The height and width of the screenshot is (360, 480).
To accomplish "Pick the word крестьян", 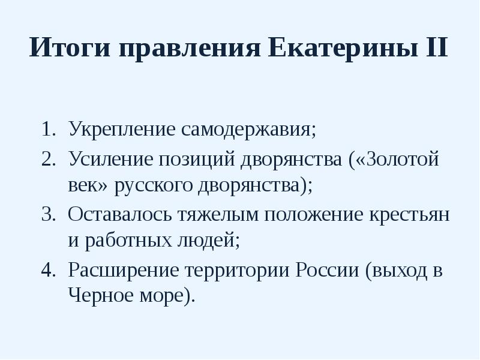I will [410, 214].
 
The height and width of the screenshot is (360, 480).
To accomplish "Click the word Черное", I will [98, 296].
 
